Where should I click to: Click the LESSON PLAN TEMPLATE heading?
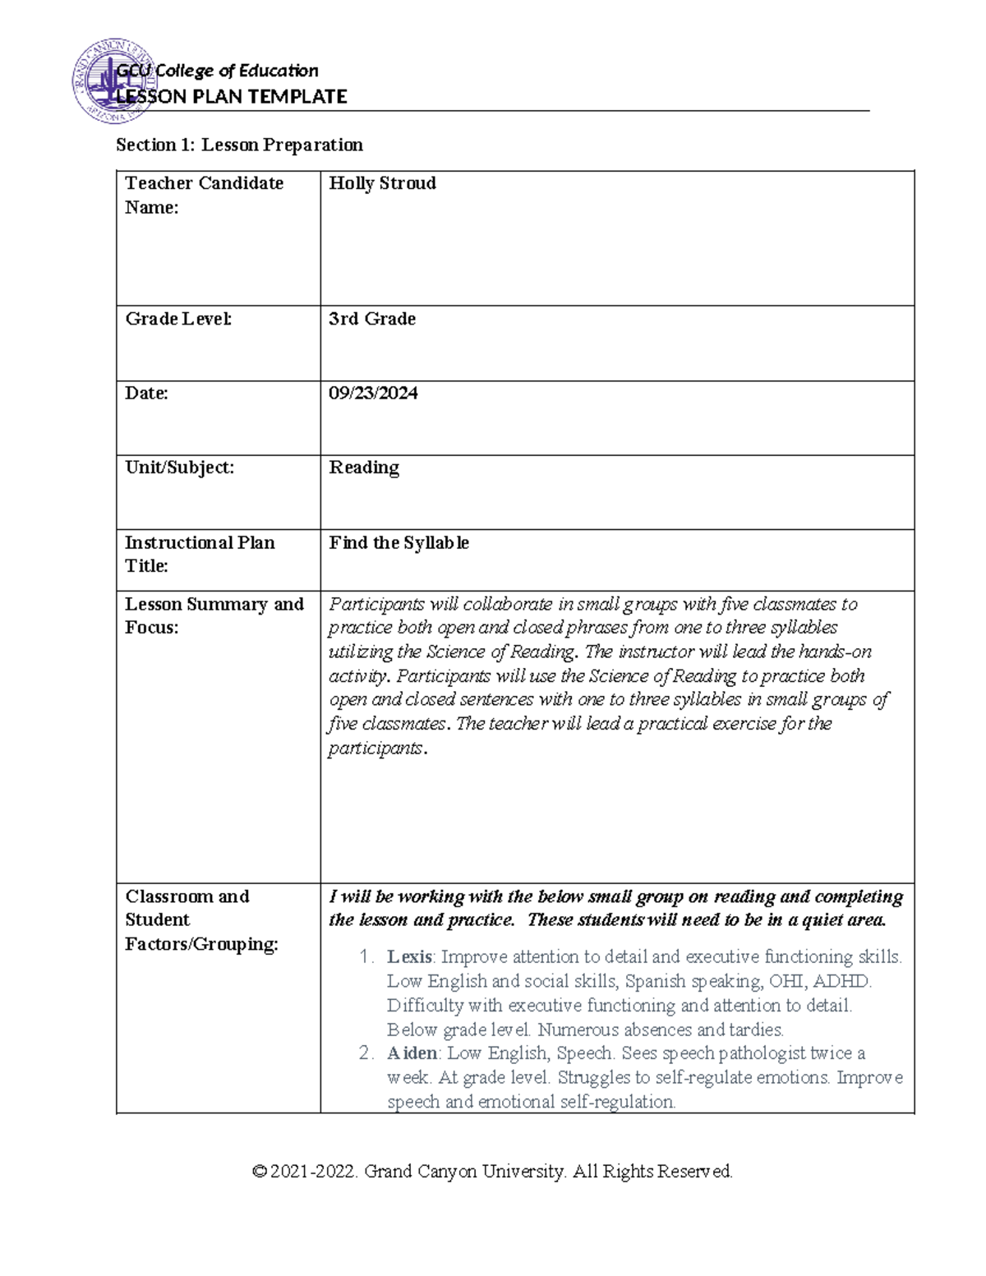click(231, 97)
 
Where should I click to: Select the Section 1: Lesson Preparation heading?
click(239, 145)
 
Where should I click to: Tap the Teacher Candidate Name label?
click(204, 195)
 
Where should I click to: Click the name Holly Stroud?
click(382, 183)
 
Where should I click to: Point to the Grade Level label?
click(178, 319)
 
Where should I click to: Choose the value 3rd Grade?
click(372, 319)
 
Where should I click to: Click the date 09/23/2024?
click(373, 394)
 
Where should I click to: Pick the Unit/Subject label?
click(179, 468)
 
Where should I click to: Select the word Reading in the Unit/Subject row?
click(364, 468)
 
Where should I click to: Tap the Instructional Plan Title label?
click(200, 554)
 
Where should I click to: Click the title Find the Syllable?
click(399, 542)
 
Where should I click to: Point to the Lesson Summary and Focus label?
click(214, 615)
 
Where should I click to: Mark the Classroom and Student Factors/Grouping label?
click(201, 920)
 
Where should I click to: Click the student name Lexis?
click(409, 957)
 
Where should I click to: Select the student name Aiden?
click(412, 1053)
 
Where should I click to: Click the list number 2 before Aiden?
click(366, 1053)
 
